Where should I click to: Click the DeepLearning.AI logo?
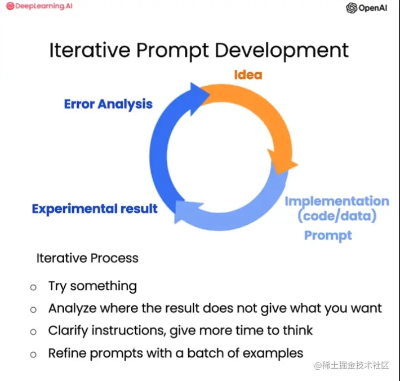tap(39, 6)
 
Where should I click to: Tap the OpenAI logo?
tap(366, 8)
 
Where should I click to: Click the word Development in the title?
tap(282, 51)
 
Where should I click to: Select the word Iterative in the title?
tap(90, 50)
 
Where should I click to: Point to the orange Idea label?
tap(248, 75)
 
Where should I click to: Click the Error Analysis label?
tap(108, 104)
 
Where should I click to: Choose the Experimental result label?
tap(95, 209)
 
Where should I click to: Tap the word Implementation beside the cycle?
tap(337, 201)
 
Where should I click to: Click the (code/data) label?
tap(337, 216)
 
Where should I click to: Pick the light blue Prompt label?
tap(328, 236)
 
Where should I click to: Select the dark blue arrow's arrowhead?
tap(199, 98)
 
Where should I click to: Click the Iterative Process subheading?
tap(87, 258)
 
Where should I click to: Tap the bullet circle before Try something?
tap(33, 287)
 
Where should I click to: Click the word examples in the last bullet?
tap(273, 353)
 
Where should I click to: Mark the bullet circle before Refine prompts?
tap(33, 355)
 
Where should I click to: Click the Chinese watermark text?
tap(352, 365)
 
